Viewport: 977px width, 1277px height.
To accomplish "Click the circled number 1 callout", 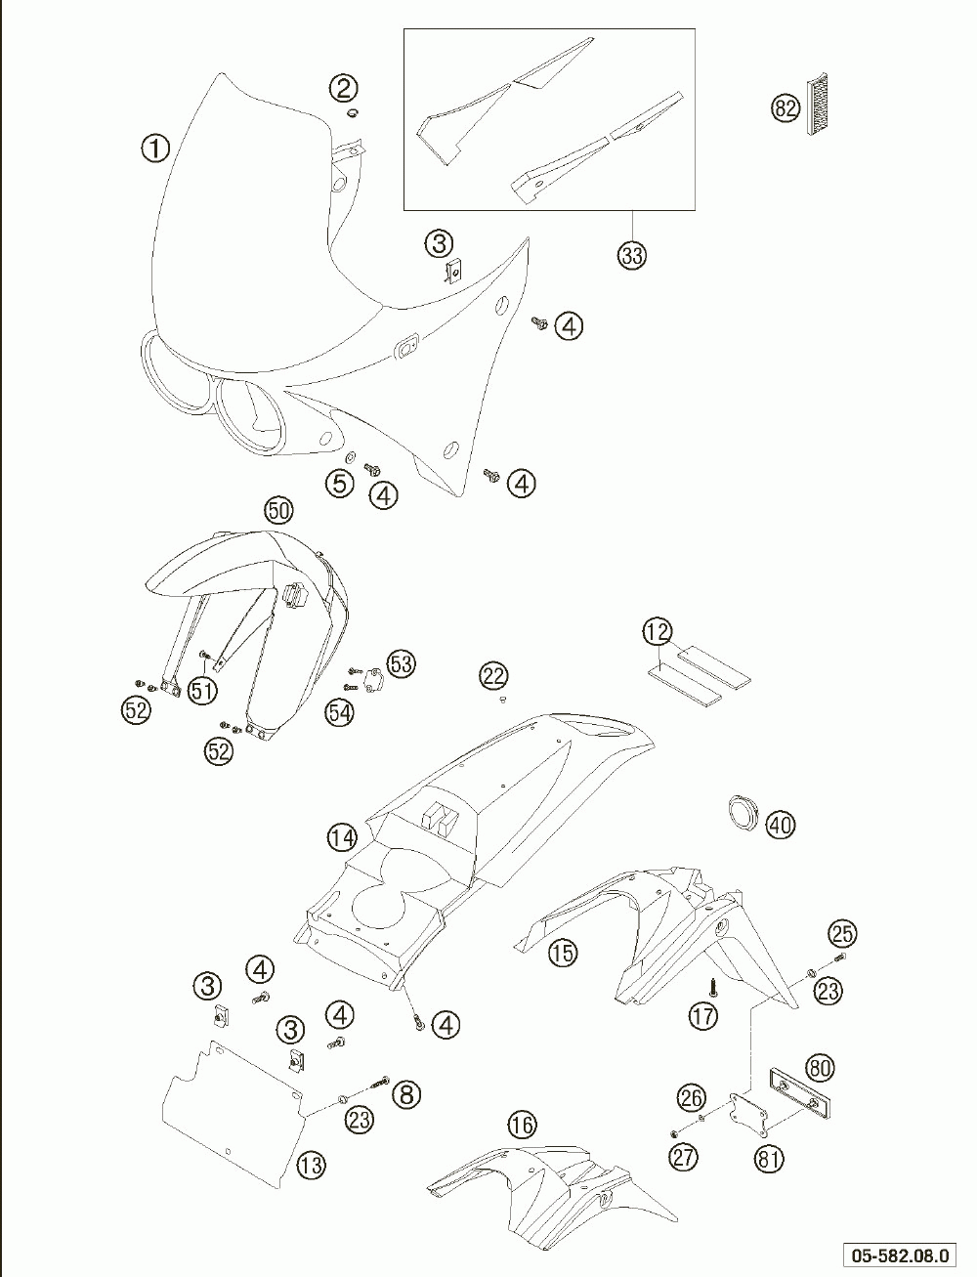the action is tap(155, 149).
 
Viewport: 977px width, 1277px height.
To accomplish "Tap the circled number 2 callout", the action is tap(344, 88).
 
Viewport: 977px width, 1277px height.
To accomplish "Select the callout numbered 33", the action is tap(632, 255).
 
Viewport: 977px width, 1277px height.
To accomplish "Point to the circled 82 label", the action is tap(786, 108).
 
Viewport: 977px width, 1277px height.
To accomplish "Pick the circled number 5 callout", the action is tap(340, 483).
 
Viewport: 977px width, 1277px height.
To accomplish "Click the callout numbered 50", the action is tap(279, 511).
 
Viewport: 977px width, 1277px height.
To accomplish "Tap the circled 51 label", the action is tap(202, 691).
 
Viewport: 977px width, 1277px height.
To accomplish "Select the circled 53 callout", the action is tap(402, 663).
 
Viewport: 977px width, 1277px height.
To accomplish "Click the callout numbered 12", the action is tap(658, 631).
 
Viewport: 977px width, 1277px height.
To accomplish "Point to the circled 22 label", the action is tap(493, 675).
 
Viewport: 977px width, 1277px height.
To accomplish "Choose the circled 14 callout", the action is tap(342, 838).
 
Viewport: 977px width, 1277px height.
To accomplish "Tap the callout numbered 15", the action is tap(563, 953).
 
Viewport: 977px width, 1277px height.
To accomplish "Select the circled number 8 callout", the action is tap(406, 1094).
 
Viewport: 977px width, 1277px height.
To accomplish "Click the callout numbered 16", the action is tap(522, 1125).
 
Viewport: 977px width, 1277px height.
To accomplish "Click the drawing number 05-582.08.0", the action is tap(901, 1256).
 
